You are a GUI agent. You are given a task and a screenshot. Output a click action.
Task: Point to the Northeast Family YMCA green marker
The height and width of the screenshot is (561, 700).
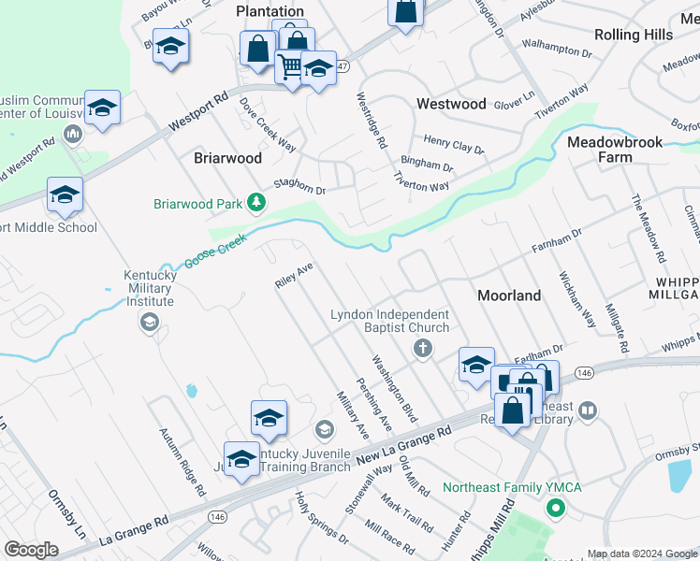pos(555,510)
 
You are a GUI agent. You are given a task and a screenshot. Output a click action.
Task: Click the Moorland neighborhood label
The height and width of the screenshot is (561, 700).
pos(509,295)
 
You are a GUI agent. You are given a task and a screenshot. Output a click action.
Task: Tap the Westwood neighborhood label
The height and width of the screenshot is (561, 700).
pos(451,104)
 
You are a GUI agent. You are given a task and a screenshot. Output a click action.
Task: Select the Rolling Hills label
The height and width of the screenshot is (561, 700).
pos(634,35)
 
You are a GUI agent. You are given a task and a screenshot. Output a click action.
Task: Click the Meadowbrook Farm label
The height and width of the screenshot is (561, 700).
pos(615,150)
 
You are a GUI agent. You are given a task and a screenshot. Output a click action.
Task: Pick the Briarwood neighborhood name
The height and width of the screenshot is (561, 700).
pos(227,158)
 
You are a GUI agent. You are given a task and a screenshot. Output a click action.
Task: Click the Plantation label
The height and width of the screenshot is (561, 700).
pos(270,11)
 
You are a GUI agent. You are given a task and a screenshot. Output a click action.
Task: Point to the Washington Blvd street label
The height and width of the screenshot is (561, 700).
pos(393,387)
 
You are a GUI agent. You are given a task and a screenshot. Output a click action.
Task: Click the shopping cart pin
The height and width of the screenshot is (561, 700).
pos(291,67)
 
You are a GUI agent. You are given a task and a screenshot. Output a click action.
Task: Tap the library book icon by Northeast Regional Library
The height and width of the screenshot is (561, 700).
pos(588,410)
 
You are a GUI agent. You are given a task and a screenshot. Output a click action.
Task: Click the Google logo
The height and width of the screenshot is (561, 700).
pos(30,550)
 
